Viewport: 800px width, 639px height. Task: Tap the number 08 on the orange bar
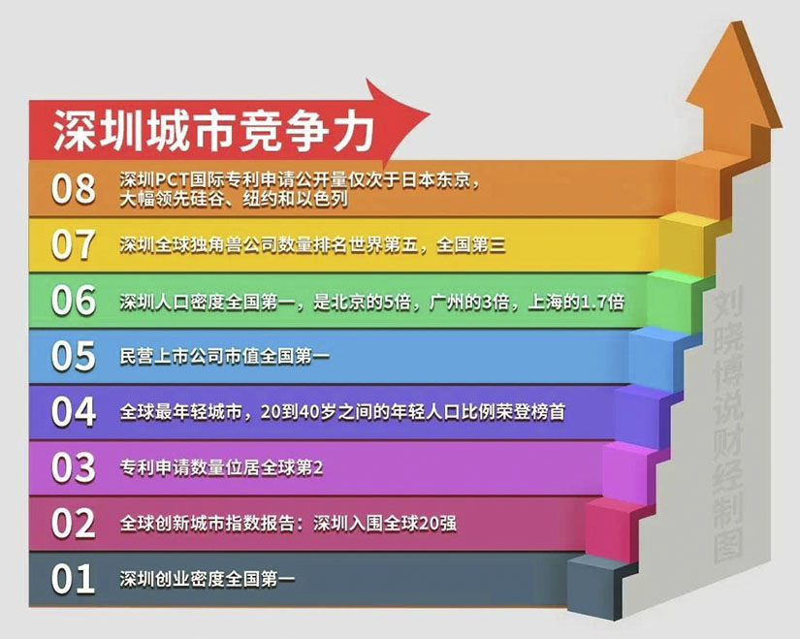[74, 188]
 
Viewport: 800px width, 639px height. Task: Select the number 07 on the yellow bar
[74, 245]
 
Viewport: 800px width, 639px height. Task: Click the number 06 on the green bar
[74, 302]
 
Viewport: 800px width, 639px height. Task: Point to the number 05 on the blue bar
[74, 357]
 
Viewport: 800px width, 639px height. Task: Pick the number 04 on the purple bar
[74, 412]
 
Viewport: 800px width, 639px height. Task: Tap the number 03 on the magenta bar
[74, 468]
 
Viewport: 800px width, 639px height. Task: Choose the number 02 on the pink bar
[74, 524]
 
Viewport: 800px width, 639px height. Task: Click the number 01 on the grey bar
[74, 580]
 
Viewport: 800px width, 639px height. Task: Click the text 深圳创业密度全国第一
[208, 580]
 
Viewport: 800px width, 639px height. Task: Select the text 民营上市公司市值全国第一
[225, 358]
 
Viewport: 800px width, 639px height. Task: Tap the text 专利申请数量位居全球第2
[221, 469]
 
